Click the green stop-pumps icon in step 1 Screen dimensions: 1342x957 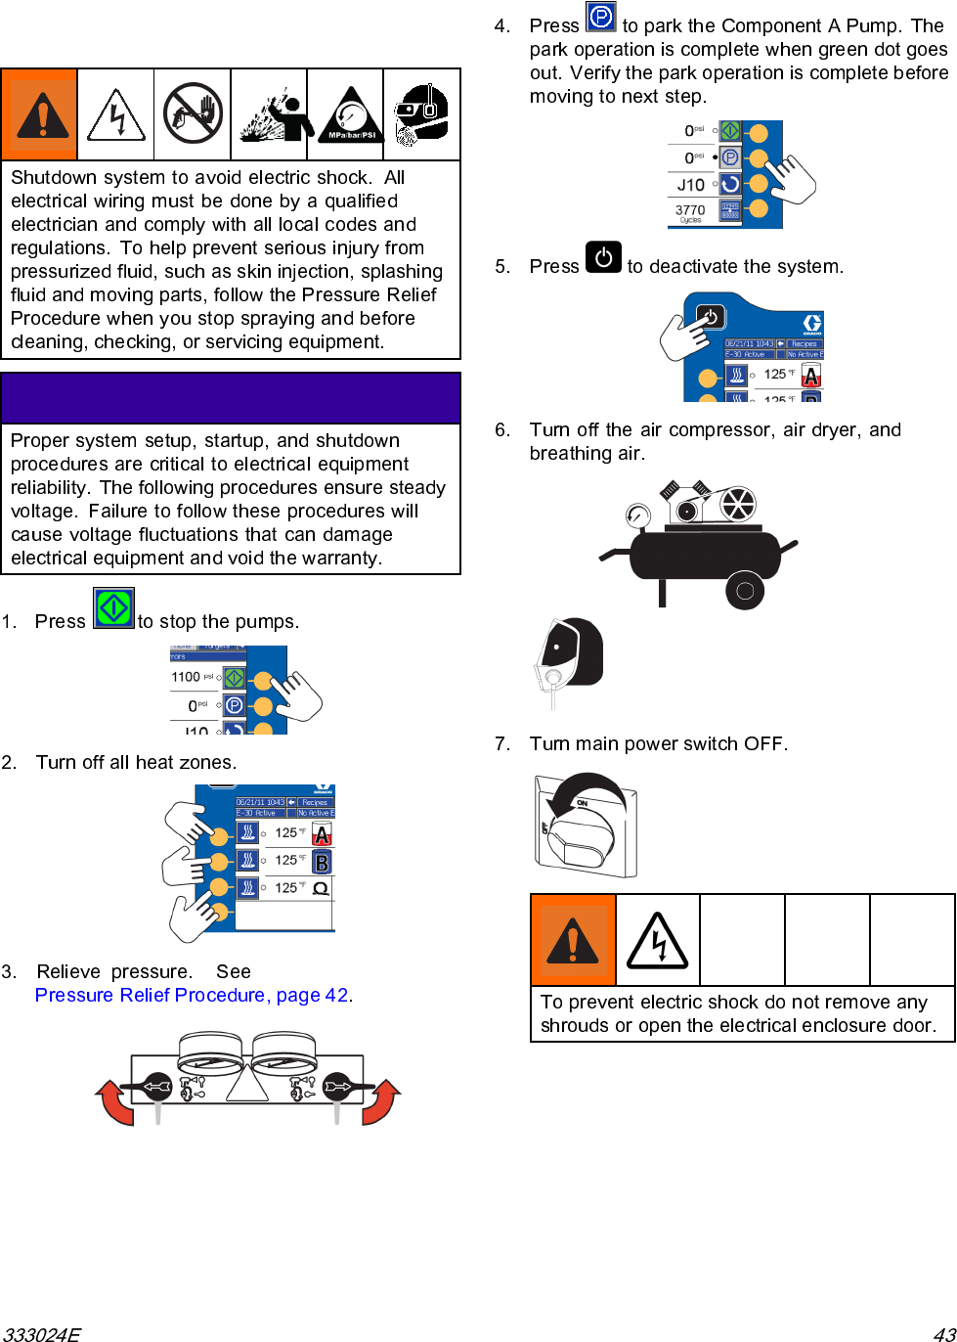pos(113,608)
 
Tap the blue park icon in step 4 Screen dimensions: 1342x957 pos(600,17)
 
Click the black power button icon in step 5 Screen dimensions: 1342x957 pos(603,257)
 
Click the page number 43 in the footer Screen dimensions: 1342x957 pos(943,1333)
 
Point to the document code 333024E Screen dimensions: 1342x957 pos(41,1333)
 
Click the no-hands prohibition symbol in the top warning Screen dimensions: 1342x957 pos(193,113)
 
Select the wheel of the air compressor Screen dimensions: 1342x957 pos(745,590)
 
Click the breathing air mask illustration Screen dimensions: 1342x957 pos(571,655)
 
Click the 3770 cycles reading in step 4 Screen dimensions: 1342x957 pos(690,210)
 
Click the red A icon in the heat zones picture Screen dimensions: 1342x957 pos(322,833)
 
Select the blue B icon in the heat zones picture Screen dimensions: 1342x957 pos(322,862)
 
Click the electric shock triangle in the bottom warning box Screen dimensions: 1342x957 pos(657,941)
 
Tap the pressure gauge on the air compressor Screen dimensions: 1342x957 pos(637,514)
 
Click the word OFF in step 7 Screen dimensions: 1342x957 pos(764,743)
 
